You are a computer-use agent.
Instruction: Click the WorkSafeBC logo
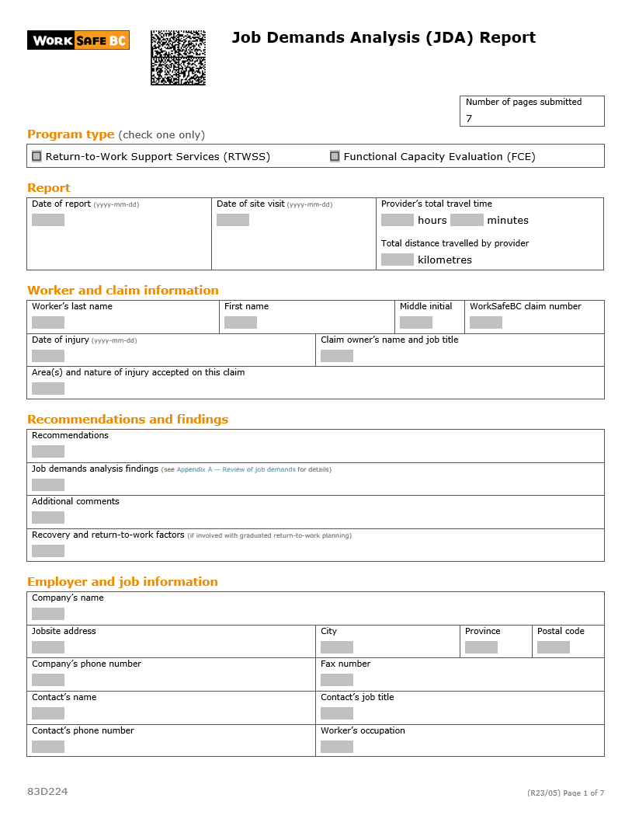tap(78, 40)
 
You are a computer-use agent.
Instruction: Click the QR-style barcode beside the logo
tap(178, 58)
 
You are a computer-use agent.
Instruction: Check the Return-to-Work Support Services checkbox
tap(36, 156)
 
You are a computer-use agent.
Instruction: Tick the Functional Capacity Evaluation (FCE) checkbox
tap(335, 156)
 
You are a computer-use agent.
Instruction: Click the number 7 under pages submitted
tap(469, 119)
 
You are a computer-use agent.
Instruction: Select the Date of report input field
tap(48, 220)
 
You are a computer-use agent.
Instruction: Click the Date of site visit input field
tap(233, 220)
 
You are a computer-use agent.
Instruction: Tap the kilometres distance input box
tap(398, 260)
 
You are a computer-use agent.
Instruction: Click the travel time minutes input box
tap(467, 220)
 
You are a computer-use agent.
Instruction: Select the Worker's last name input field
tap(48, 322)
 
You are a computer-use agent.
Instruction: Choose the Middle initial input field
tap(416, 322)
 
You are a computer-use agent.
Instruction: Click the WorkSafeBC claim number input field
tap(486, 322)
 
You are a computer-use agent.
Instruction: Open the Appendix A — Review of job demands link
tap(236, 469)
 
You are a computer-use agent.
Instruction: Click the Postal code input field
tap(554, 647)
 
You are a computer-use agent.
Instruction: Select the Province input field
tap(481, 647)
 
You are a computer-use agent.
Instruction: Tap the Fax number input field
tap(337, 680)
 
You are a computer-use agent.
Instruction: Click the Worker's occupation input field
tap(337, 747)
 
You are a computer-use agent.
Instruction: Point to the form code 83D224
tap(47, 791)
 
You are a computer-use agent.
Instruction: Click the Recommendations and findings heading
tap(128, 420)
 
